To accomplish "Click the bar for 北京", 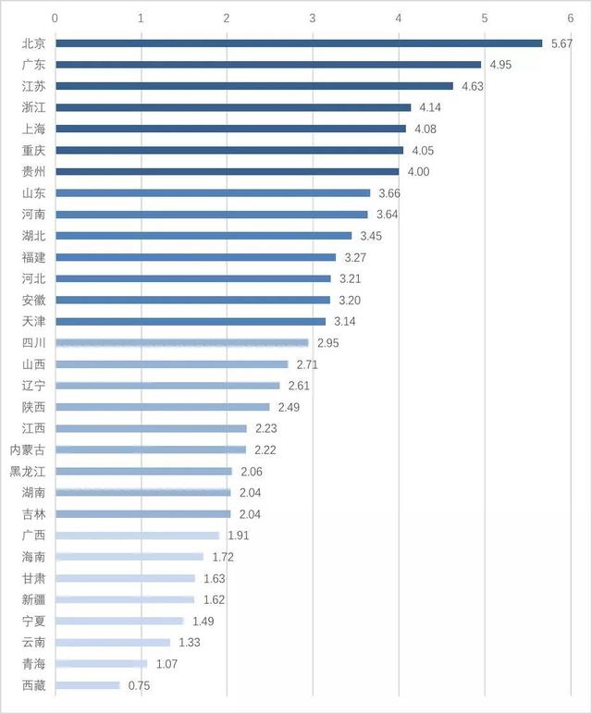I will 299,43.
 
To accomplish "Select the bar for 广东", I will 268,65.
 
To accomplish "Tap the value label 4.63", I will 472,86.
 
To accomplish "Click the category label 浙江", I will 33,107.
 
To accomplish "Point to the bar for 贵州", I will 228,171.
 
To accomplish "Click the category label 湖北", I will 33,236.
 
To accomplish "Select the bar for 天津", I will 191,321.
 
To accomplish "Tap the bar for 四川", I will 182,342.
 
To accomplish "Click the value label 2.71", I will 307,364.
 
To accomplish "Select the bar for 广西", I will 138,535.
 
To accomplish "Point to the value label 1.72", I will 222,557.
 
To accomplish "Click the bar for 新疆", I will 125,599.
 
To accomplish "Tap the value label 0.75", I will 139,685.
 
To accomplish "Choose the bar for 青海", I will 102,663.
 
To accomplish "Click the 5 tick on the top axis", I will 484,18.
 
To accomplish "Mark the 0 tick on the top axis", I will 55,18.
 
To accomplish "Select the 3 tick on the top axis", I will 313,18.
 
